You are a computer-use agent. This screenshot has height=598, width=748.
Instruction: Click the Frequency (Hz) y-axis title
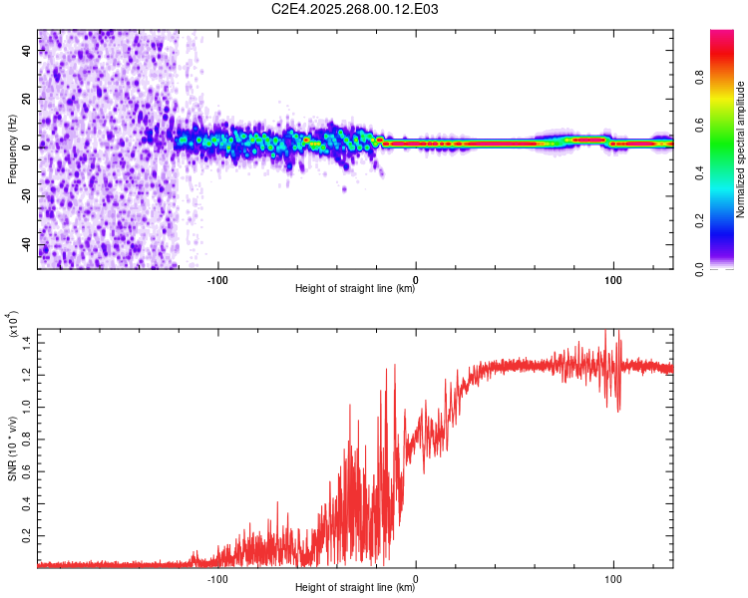coord(12,149)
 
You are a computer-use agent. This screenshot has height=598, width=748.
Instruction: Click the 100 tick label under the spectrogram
coord(612,278)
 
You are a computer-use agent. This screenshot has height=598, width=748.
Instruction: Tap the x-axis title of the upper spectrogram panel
coord(355,289)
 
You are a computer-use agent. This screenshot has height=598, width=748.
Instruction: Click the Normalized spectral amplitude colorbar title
coord(740,149)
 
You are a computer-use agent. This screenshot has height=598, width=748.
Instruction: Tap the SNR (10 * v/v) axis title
coord(12,447)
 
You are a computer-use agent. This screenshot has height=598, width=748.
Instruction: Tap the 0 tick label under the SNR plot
coord(415,578)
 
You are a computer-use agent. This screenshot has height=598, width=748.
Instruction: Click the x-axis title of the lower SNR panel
coord(355,588)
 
